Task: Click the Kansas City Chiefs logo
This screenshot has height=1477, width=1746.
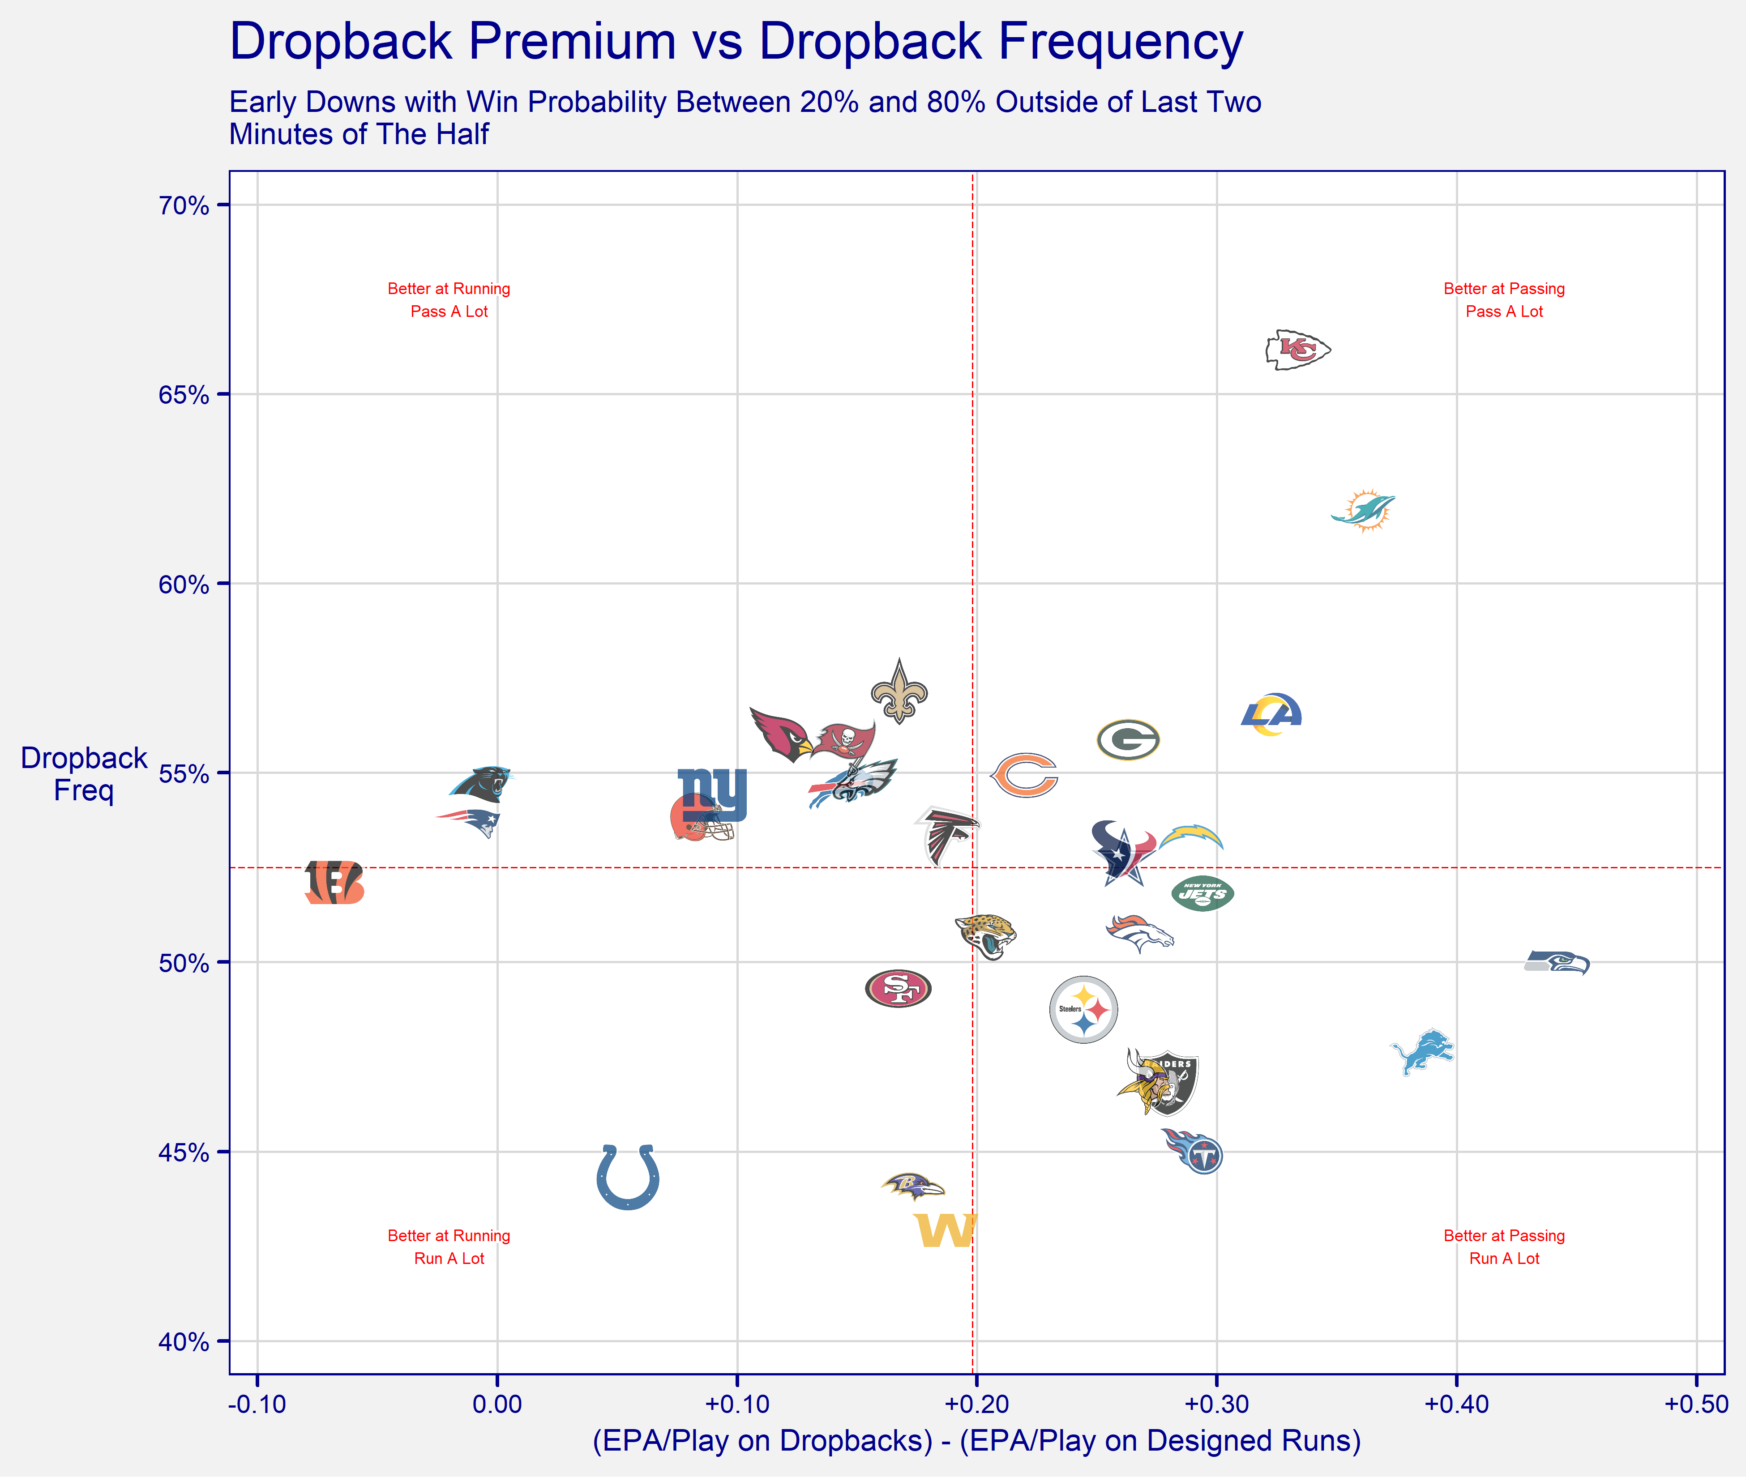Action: tap(1297, 350)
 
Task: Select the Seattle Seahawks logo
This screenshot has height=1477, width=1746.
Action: tap(1557, 963)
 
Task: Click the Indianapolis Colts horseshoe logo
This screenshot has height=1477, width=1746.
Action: tap(628, 1176)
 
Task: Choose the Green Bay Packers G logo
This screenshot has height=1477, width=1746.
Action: tap(1128, 739)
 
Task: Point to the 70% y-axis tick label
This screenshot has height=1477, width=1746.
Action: tap(184, 206)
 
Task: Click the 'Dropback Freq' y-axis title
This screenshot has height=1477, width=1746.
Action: tap(84, 774)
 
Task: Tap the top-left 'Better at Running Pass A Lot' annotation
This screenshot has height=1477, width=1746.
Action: tap(449, 300)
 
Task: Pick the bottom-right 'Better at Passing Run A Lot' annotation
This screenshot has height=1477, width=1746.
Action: tap(1504, 1247)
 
